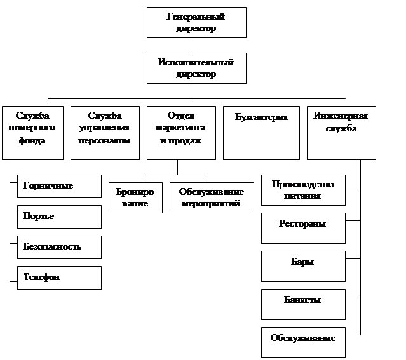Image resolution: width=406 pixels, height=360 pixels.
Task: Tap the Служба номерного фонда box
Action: click(32, 132)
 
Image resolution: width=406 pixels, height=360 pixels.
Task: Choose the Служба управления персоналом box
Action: click(104, 132)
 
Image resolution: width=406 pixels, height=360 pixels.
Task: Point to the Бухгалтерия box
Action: click(261, 132)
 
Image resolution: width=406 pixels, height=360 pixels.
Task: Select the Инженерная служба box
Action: click(341, 132)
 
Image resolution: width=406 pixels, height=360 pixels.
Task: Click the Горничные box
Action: click(59, 186)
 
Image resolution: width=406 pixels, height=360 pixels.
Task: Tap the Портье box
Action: click(59, 217)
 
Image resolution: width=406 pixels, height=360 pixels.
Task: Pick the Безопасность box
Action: click(59, 247)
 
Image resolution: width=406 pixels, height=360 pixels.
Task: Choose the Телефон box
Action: click(59, 277)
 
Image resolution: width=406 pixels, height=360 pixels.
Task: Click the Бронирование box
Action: click(135, 197)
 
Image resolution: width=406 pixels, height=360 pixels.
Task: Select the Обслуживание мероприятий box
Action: click(208, 197)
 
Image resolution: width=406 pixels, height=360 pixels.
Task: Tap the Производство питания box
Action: click(303, 190)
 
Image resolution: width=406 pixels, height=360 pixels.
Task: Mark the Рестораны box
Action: click(303, 228)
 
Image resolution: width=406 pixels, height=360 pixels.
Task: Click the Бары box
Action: click(303, 266)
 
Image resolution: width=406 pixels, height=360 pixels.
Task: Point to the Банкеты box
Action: click(303, 304)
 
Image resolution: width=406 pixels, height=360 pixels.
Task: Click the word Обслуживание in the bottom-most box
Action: click(302, 337)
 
